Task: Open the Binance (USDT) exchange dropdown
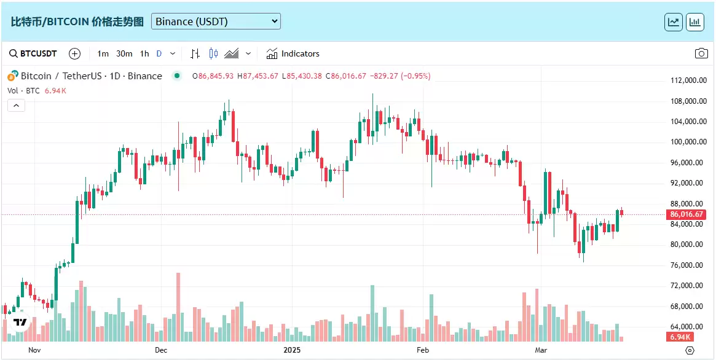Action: [x=216, y=22]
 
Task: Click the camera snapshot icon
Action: [x=701, y=53]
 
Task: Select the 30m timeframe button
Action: [x=124, y=53]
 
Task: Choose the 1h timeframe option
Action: [x=144, y=53]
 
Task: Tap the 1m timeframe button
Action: [x=103, y=53]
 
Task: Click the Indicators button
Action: [x=293, y=53]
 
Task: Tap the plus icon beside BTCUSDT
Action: [x=74, y=53]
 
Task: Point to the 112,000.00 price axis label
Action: [x=686, y=80]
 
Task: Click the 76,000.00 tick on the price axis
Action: [x=686, y=265]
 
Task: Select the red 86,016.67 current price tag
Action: [x=686, y=214]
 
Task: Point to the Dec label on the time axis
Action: [x=161, y=350]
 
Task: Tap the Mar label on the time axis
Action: [x=541, y=350]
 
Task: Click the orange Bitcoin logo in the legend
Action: [x=12, y=77]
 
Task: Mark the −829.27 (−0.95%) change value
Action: [x=399, y=76]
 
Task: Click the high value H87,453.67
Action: [x=258, y=76]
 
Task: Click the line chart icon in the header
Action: [x=674, y=22]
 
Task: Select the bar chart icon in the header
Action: [x=695, y=22]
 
